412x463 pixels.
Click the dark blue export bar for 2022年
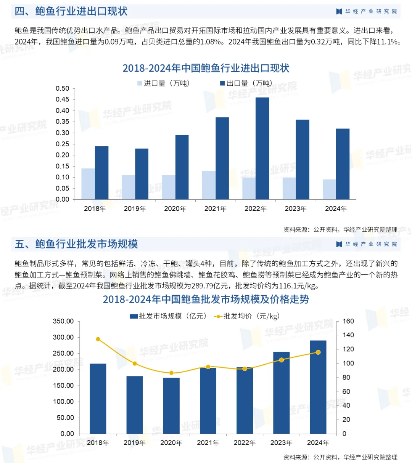pyautogui.click(x=262, y=149)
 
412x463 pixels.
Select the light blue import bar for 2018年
pyautogui.click(x=88, y=184)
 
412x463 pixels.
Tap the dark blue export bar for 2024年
pyautogui.click(x=343, y=164)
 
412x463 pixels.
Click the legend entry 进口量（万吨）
pyautogui.click(x=163, y=83)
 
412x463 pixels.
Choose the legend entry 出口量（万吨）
pyautogui.click(x=246, y=83)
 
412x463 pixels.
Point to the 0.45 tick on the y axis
pyautogui.click(x=63, y=99)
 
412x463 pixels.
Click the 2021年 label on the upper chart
pyautogui.click(x=215, y=209)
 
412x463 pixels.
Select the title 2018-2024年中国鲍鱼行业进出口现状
pyautogui.click(x=206, y=68)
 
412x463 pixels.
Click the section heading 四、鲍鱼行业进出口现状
pyautogui.click(x=71, y=11)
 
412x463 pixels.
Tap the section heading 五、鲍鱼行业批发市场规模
pyautogui.click(x=76, y=244)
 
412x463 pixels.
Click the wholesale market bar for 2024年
pyautogui.click(x=318, y=387)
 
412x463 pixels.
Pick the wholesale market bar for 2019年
pyautogui.click(x=135, y=405)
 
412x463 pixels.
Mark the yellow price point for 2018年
pyautogui.click(x=98, y=339)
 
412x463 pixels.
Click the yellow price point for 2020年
pyautogui.click(x=171, y=373)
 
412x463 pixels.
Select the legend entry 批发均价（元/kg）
pyautogui.click(x=247, y=316)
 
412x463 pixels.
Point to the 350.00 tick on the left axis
pyautogui.click(x=63, y=321)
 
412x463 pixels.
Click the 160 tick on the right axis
pyautogui.click(x=348, y=321)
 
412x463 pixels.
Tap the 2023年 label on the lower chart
pyautogui.click(x=281, y=443)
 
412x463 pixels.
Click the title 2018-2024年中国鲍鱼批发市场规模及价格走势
pyautogui.click(x=206, y=300)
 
